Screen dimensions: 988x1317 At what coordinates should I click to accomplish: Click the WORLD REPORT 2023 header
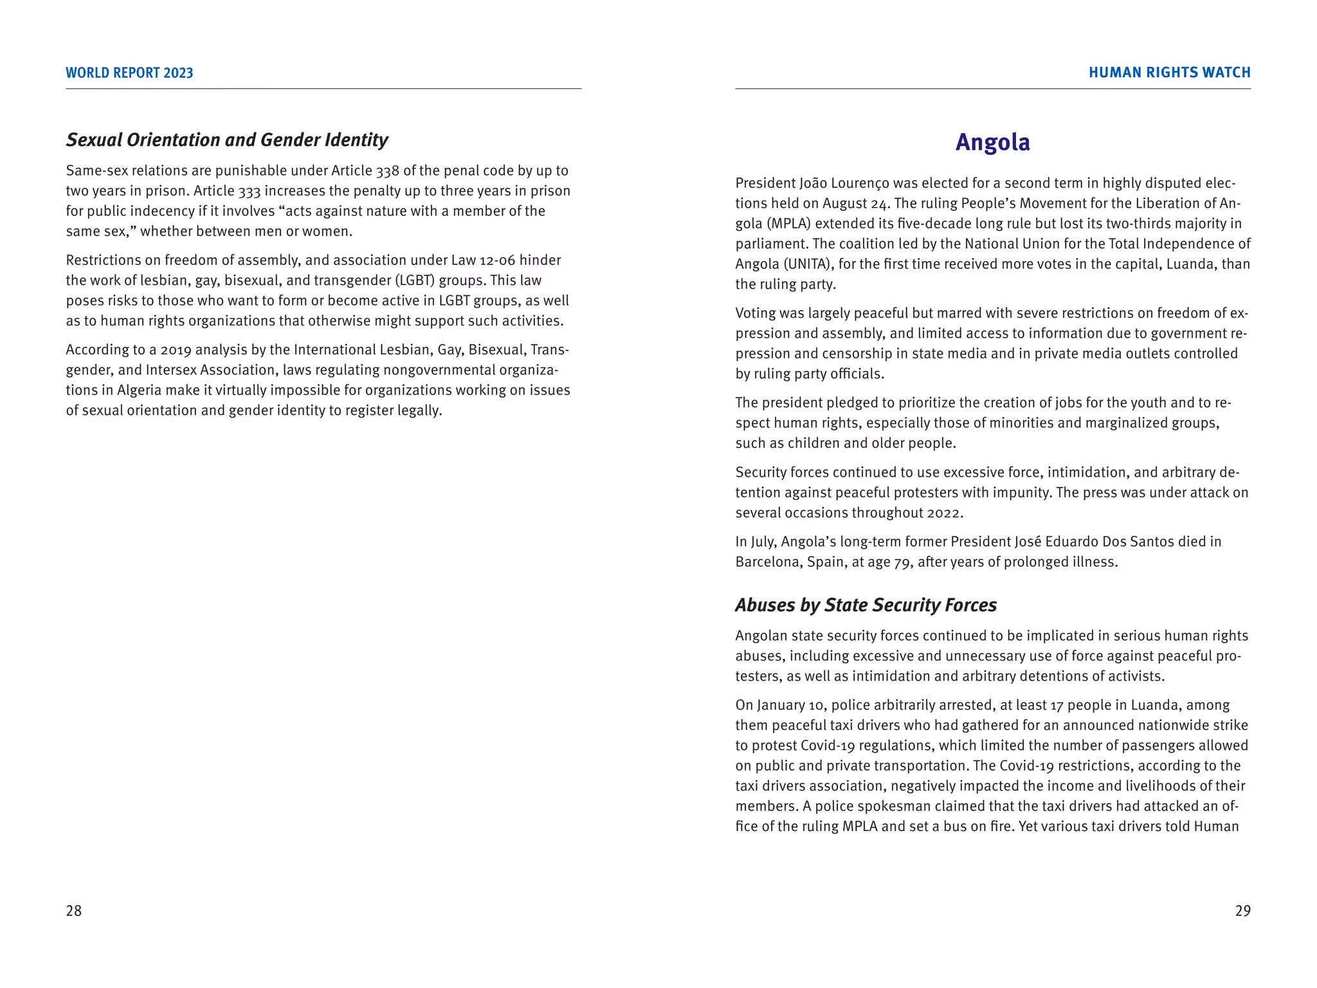129,73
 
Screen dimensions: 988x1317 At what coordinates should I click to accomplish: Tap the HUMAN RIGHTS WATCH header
1169,73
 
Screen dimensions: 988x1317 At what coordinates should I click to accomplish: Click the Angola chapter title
992,142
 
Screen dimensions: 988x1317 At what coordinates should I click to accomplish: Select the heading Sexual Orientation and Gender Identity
227,140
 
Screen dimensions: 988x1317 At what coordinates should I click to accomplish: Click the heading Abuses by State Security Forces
866,605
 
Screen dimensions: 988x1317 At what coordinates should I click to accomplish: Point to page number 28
74,910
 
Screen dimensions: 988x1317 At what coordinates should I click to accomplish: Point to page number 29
1242,910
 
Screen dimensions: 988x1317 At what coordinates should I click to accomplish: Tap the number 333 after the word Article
250,191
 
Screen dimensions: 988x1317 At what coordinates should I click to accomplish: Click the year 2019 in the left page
176,350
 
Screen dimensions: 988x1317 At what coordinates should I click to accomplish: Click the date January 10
790,705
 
